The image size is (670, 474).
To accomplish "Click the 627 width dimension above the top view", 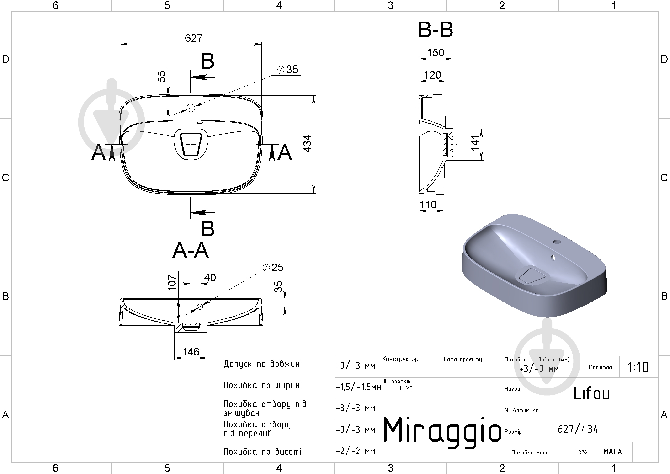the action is click(x=193, y=38).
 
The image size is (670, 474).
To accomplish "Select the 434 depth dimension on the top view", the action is click(x=307, y=143).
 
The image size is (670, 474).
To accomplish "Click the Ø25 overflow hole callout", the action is click(x=273, y=267).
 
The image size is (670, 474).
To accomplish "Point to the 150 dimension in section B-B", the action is click(x=435, y=53).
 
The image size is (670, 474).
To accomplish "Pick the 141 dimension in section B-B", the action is click(x=475, y=143).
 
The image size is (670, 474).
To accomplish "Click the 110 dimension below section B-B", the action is click(x=428, y=205).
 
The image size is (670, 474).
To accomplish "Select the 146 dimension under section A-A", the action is click(x=191, y=352).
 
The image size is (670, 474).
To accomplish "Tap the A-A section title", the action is click(x=191, y=250).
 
